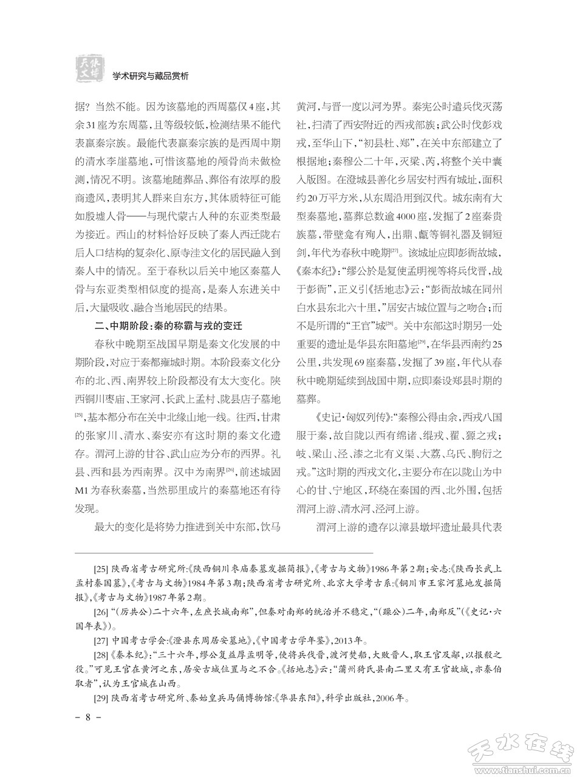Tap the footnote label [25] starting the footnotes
tap(102, 570)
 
